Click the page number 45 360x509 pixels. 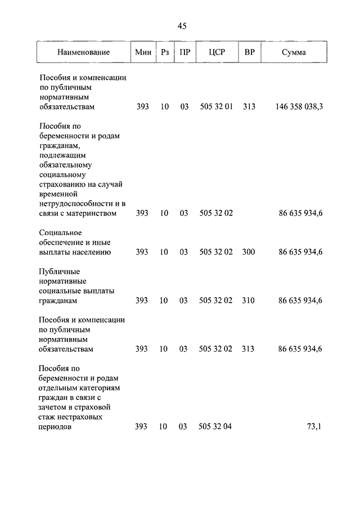182,26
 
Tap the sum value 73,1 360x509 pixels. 314,427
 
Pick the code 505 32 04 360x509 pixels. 215,427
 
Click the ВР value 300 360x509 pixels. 249,252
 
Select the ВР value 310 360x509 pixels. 249,300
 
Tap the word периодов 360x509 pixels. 56,427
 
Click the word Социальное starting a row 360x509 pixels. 61,232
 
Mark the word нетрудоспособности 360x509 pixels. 76,204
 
